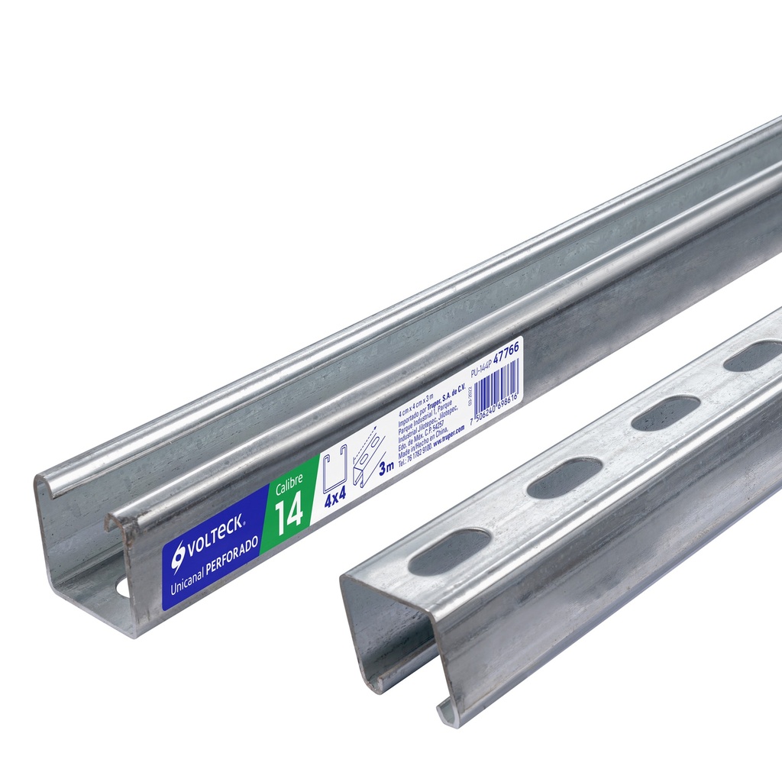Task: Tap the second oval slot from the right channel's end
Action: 564,478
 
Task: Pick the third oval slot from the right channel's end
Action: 666,412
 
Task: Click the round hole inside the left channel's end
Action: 122,590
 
